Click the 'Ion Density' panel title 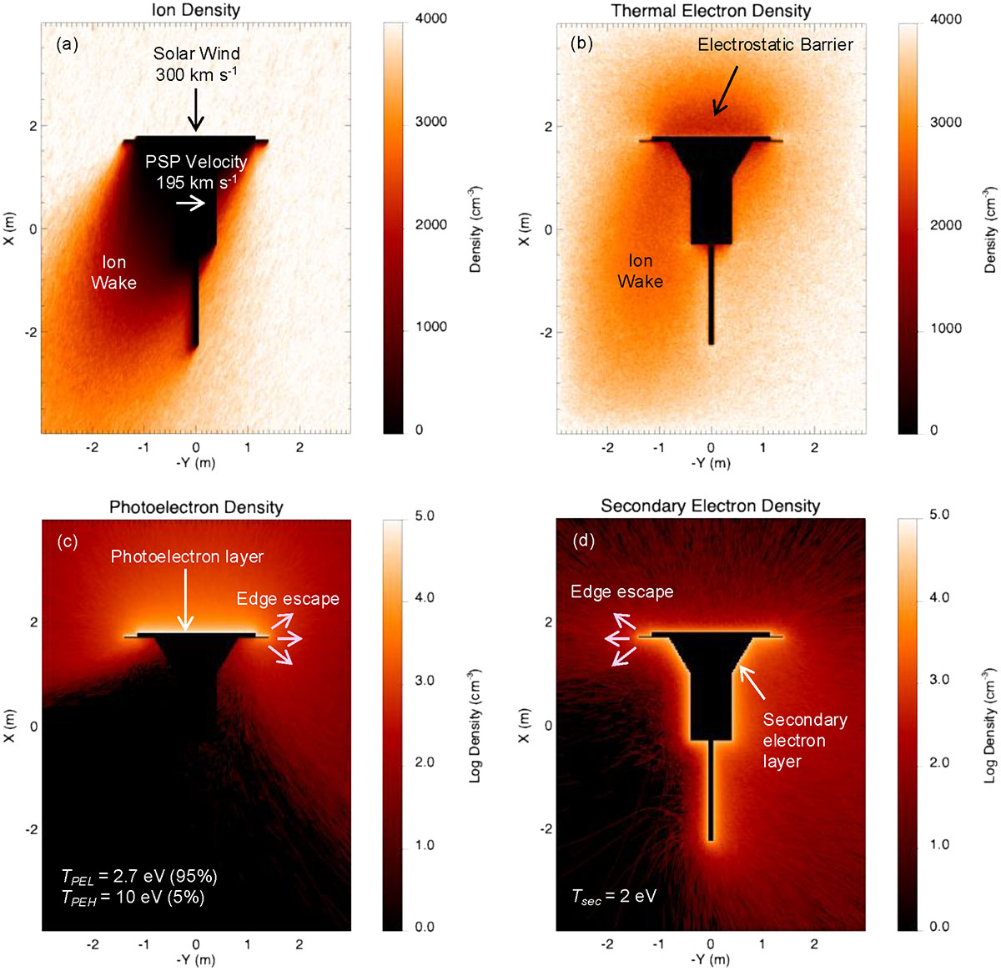click(x=195, y=10)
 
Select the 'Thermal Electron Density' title click(x=711, y=11)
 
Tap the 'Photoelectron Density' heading click(x=196, y=507)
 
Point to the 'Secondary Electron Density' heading click(x=711, y=506)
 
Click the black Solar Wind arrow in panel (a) click(x=195, y=109)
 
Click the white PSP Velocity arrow click(x=190, y=204)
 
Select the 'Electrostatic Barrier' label click(x=775, y=45)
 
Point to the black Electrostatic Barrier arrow click(x=725, y=91)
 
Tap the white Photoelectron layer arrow click(x=185, y=600)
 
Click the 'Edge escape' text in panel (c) click(x=288, y=599)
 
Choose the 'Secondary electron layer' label click(x=804, y=741)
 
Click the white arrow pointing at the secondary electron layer click(x=752, y=682)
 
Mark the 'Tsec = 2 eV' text click(x=614, y=897)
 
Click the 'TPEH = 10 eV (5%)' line click(x=133, y=898)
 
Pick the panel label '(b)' click(x=581, y=44)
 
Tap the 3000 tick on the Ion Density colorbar click(x=431, y=122)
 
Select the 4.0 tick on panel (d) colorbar click(x=938, y=597)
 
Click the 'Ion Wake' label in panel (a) click(x=113, y=273)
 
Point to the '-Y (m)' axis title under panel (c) click(x=196, y=959)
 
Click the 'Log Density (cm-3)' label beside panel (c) click(x=475, y=726)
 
